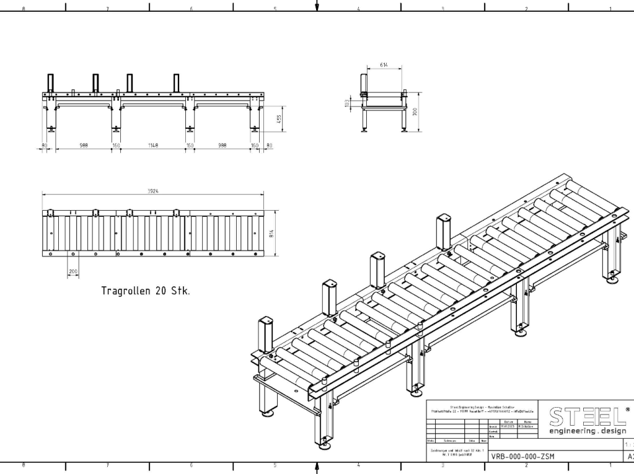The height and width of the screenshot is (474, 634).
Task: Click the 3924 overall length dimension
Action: [152, 191]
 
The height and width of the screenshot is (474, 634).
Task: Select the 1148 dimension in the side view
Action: [153, 146]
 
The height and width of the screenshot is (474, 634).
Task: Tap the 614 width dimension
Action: [385, 64]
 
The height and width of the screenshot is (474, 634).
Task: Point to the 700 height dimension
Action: [416, 112]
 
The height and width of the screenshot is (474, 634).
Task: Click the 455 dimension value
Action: [280, 118]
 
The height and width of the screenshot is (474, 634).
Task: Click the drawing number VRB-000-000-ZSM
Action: [523, 457]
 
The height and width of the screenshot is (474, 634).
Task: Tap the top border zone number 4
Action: [359, 9]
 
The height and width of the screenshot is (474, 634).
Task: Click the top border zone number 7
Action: [107, 9]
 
